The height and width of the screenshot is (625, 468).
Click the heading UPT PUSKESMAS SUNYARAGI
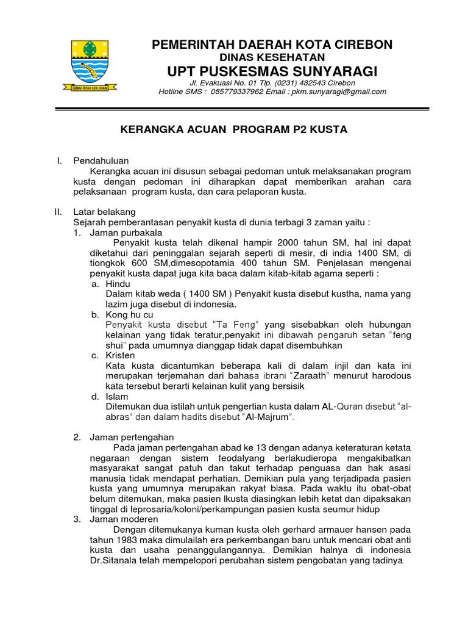click(272, 72)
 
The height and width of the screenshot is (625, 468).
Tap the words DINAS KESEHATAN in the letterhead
click(272, 57)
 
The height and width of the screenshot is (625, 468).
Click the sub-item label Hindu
click(118, 284)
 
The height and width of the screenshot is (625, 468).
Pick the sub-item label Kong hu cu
click(129, 314)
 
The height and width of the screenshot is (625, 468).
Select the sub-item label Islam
click(117, 396)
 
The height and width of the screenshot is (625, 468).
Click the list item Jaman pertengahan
click(132, 437)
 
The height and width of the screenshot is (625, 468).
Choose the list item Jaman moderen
click(124, 519)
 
